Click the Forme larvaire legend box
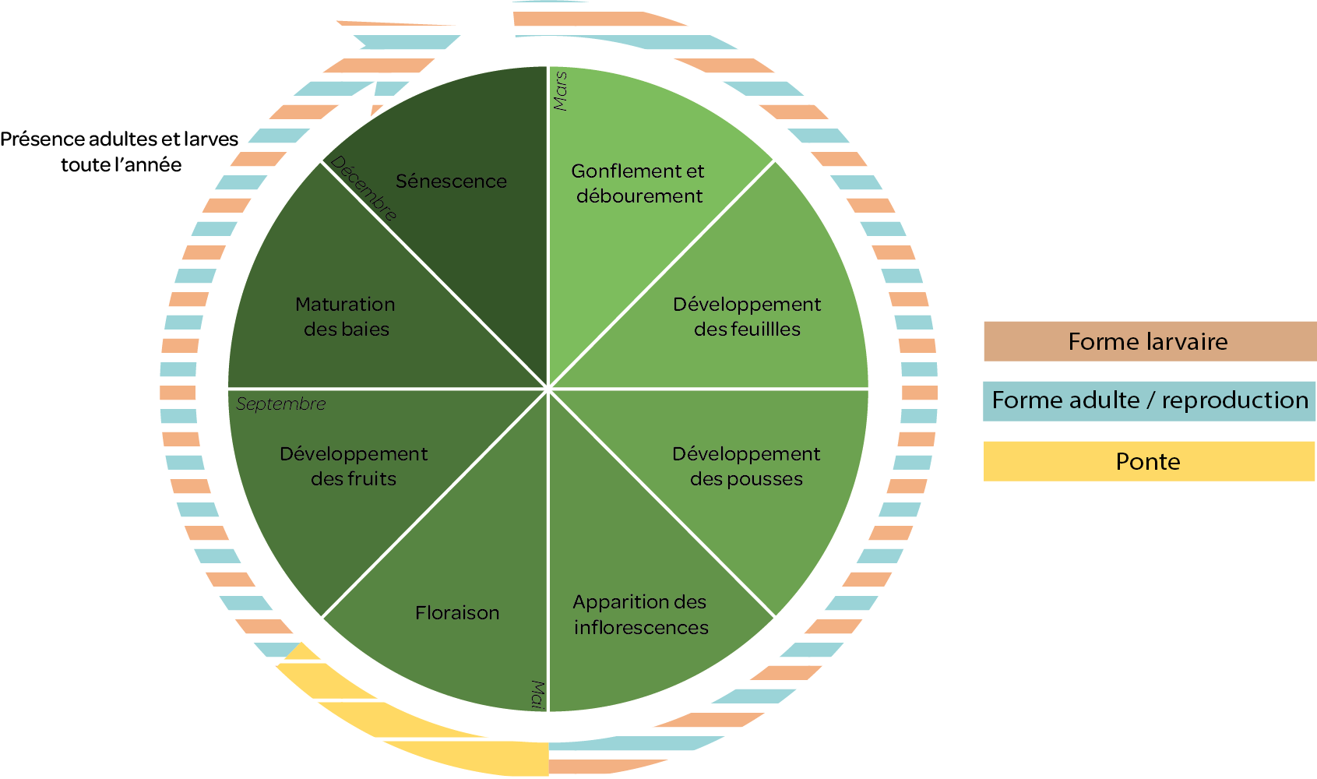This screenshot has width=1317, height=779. pyautogui.click(x=1150, y=341)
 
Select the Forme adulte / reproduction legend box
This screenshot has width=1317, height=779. pyautogui.click(x=1150, y=400)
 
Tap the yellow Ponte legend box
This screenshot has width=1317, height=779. pyautogui.click(x=1150, y=461)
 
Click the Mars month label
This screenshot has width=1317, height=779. pyautogui.click(x=560, y=91)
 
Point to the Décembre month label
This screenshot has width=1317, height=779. pyautogui.click(x=364, y=188)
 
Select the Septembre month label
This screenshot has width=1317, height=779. pyautogui.click(x=280, y=404)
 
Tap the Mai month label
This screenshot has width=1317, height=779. pyautogui.click(x=537, y=694)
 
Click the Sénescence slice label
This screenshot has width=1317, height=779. pyautogui.click(x=451, y=182)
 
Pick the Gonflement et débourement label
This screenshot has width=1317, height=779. pyautogui.click(x=638, y=183)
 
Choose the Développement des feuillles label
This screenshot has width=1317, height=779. pyautogui.click(x=747, y=316)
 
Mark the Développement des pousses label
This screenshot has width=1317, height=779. pyautogui.click(x=746, y=466)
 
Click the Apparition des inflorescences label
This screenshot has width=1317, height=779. pyautogui.click(x=640, y=615)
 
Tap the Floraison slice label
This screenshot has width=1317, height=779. pyautogui.click(x=457, y=613)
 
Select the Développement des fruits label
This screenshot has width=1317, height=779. pyautogui.click(x=354, y=466)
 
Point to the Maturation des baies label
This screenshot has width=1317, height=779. pyautogui.click(x=346, y=316)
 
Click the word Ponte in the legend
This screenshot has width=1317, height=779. pyautogui.click(x=1148, y=462)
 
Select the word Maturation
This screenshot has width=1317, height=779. pyautogui.click(x=345, y=305)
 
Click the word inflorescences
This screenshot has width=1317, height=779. pyautogui.click(x=641, y=627)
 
